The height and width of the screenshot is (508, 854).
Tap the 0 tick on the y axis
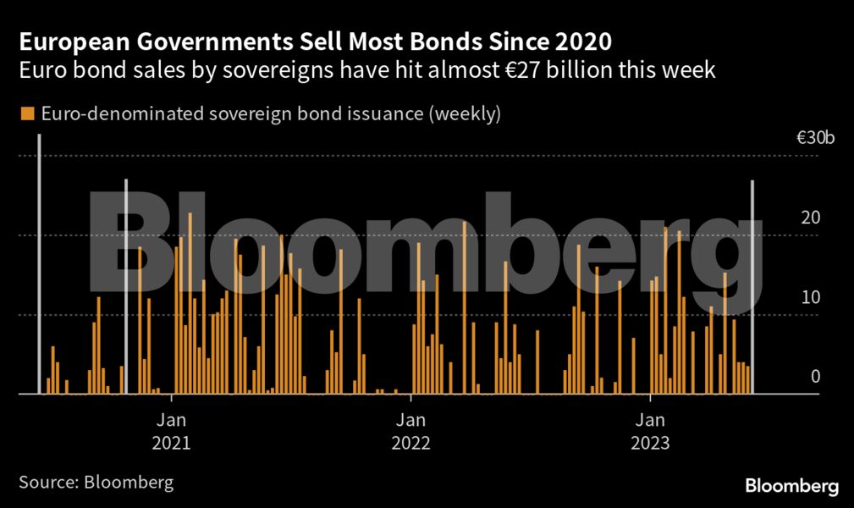click(815, 377)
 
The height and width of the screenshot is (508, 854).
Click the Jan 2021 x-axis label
click(172, 431)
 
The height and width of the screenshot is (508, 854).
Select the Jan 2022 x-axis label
click(410, 431)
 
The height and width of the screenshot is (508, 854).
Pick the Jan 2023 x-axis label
click(650, 431)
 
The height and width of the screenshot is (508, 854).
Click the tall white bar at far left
click(39, 262)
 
